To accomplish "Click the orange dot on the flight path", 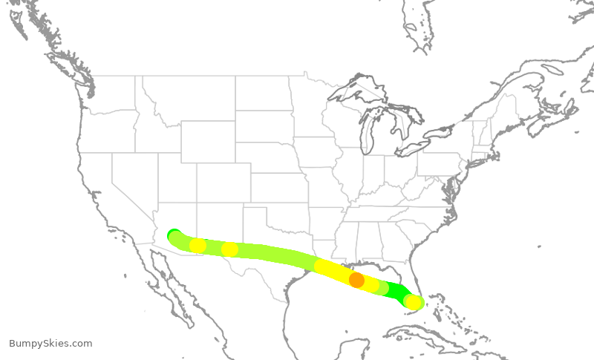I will point(356,280).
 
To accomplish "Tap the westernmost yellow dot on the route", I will point(198,246).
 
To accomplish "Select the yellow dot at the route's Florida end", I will point(413,302).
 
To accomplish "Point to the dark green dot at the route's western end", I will point(174,235).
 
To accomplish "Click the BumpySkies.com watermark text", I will point(50,343).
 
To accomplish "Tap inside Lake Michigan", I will point(367,134).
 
